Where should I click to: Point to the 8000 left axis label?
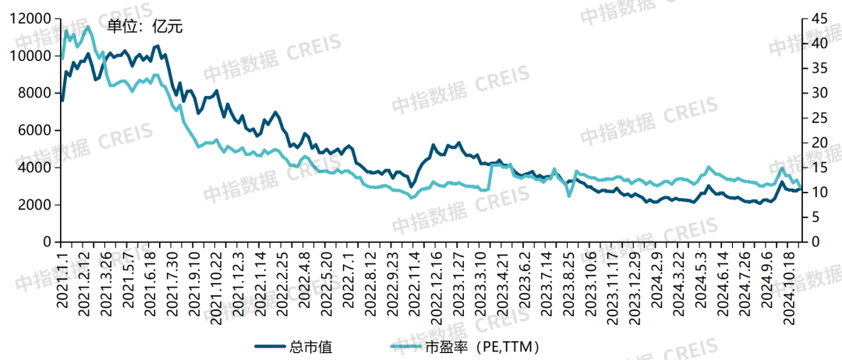click(35, 94)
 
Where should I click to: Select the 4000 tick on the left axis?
click(35, 168)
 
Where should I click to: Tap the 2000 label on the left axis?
click(35, 205)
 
